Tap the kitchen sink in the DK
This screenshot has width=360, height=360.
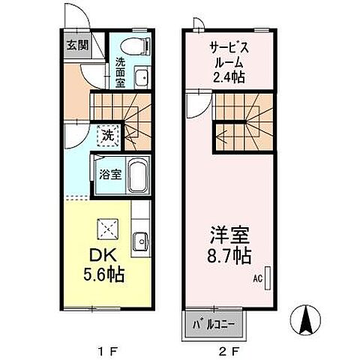click(139, 241)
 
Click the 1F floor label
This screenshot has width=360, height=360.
click(100, 349)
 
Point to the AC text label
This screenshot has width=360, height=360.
click(256, 280)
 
